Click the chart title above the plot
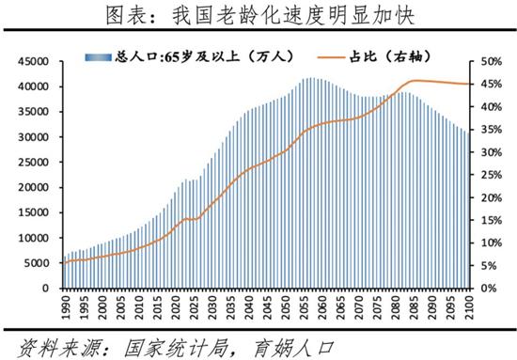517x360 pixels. [258, 14]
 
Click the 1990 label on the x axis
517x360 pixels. [66, 306]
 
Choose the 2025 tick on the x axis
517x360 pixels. [194, 306]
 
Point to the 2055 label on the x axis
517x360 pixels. [304, 306]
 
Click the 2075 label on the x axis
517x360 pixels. [377, 306]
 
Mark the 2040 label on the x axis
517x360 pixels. [248, 306]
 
